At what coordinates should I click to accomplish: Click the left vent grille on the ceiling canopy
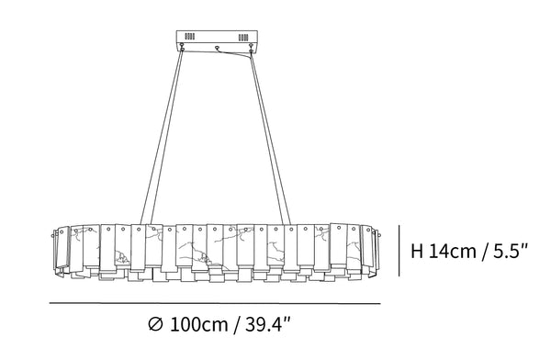click(x=190, y=36)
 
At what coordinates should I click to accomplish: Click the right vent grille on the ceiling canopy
click(x=243, y=38)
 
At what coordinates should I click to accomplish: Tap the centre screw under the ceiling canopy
click(x=217, y=47)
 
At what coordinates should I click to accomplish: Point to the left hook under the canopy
click(x=182, y=47)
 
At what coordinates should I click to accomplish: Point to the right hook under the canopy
click(x=251, y=48)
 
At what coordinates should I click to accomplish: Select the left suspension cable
click(x=163, y=136)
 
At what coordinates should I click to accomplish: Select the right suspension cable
click(x=270, y=138)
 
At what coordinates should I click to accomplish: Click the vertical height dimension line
click(x=399, y=251)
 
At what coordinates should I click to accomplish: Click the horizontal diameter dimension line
click(x=215, y=303)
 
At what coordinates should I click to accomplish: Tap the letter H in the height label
click(x=417, y=252)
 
